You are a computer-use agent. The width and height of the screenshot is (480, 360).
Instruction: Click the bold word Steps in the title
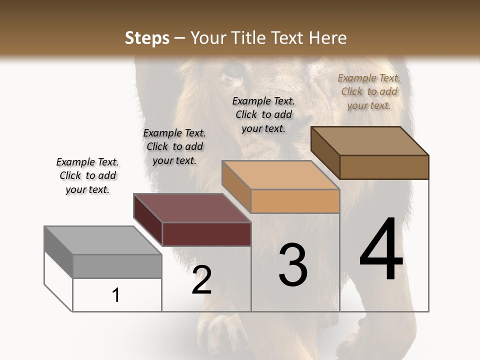click(147, 38)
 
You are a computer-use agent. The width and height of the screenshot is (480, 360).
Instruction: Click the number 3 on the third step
click(293, 265)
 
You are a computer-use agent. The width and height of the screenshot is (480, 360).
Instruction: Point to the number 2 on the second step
click(202, 280)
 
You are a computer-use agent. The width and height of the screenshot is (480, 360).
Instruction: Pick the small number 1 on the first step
click(116, 295)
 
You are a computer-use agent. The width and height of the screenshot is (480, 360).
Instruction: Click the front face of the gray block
click(117, 266)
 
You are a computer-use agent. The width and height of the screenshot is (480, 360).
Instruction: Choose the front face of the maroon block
click(206, 234)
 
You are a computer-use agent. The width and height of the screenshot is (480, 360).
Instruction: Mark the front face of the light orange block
click(295, 201)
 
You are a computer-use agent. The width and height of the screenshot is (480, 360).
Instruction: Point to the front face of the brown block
click(384, 167)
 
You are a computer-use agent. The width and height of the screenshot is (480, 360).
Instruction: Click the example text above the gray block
click(87, 175)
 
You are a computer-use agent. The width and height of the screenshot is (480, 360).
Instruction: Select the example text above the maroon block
click(174, 146)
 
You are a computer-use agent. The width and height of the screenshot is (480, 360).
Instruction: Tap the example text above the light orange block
click(263, 114)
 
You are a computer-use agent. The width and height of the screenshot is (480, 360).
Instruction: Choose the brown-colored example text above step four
click(369, 91)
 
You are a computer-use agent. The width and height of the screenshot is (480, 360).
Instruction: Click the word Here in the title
click(327, 38)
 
